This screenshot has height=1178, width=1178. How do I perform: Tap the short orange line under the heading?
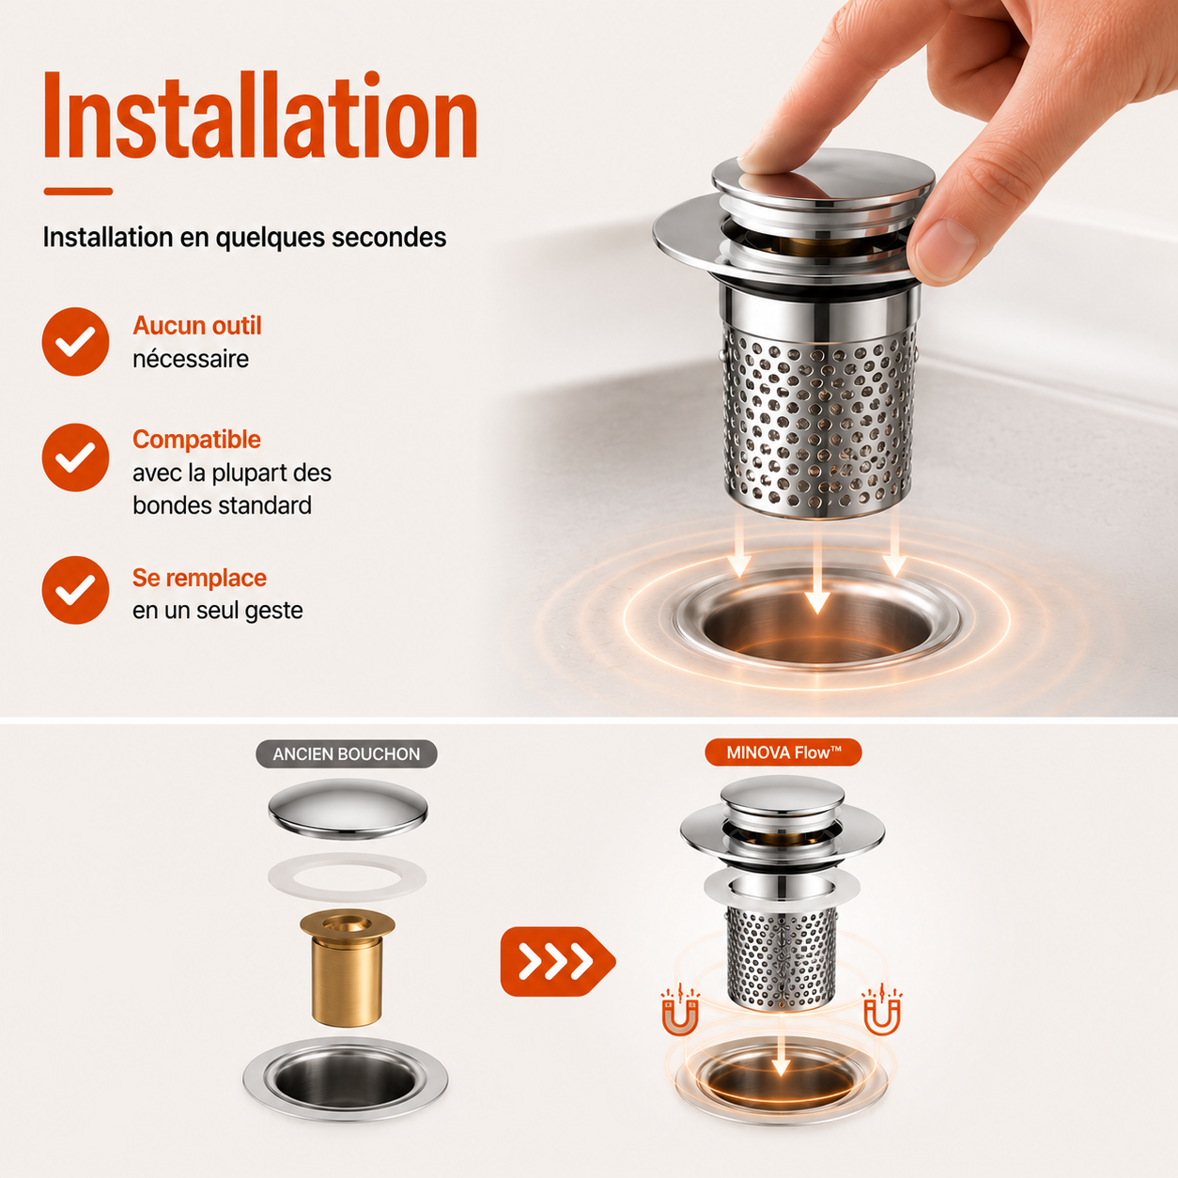click(78, 192)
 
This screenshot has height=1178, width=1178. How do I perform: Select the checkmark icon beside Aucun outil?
click(75, 341)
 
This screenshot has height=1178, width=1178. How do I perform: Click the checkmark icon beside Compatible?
click(75, 457)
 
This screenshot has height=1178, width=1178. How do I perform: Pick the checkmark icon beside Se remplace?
click(75, 590)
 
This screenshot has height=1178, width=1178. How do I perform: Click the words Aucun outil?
click(197, 325)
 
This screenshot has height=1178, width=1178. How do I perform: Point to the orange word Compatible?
click(197, 440)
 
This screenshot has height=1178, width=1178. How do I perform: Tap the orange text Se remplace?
click(199, 578)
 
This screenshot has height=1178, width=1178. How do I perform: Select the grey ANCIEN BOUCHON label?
click(347, 753)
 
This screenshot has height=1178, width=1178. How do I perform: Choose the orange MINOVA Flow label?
click(783, 752)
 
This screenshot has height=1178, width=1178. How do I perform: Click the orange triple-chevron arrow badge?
click(557, 962)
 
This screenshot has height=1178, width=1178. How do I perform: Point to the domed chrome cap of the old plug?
click(348, 810)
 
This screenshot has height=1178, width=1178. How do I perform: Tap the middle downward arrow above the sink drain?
click(817, 570)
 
